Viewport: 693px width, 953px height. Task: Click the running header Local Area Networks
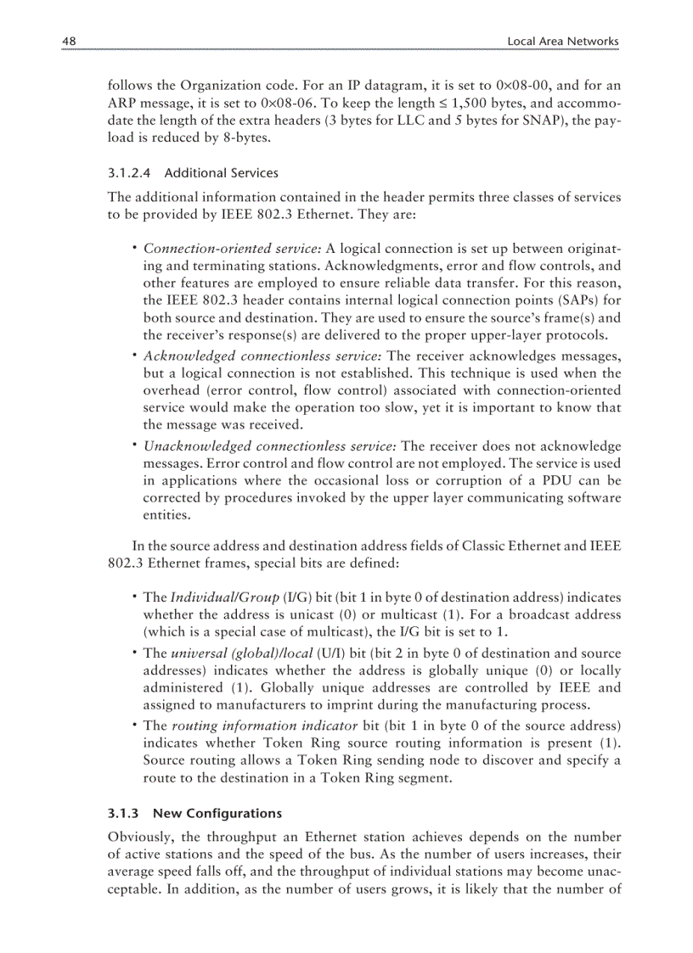click(563, 41)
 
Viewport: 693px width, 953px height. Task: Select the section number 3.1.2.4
click(129, 173)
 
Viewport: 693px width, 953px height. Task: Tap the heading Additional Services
click(221, 173)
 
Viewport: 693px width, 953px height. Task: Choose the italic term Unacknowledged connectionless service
click(269, 446)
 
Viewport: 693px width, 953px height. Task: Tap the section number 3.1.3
click(123, 812)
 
